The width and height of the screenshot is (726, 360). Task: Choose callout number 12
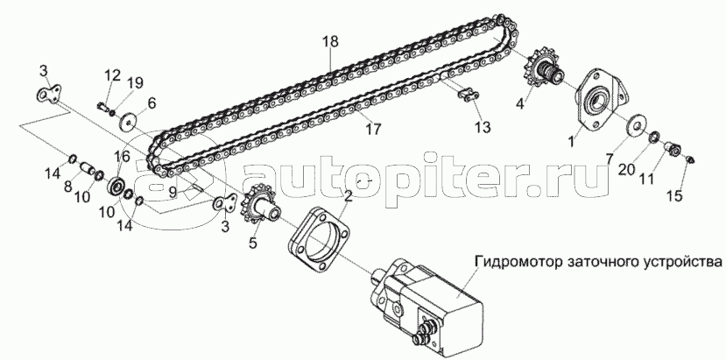point(112,74)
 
